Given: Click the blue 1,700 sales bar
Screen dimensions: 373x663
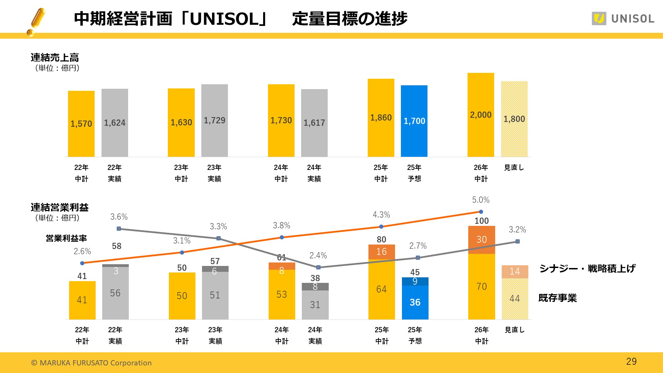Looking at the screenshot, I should click(x=414, y=121).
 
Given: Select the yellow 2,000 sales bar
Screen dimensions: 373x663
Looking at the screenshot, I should click(x=481, y=115).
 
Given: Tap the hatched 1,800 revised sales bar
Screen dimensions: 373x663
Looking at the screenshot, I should click(x=514, y=119).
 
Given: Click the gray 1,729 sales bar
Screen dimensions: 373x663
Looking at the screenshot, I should click(x=214, y=120).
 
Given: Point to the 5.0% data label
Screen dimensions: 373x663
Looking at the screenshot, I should click(x=481, y=200).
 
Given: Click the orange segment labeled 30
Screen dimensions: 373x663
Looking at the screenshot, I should click(x=481, y=240).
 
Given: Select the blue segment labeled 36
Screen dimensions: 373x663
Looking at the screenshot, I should click(x=415, y=303).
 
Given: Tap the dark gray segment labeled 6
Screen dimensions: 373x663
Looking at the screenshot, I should click(x=215, y=269).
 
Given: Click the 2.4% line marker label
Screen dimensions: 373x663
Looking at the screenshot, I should click(x=318, y=256).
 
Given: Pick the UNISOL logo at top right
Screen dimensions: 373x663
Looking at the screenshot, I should click(x=623, y=19).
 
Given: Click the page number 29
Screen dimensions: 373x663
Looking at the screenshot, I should click(x=631, y=362).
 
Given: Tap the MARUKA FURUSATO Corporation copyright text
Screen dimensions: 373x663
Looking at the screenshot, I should click(x=92, y=363).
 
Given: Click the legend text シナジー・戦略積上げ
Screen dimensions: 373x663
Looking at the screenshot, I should click(x=587, y=268).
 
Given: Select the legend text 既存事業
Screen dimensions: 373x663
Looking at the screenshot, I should click(x=557, y=298).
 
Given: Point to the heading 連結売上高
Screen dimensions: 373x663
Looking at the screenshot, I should click(x=55, y=58).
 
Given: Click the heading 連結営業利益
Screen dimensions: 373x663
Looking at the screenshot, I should click(x=59, y=208).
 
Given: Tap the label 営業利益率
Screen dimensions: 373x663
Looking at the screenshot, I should click(x=66, y=238).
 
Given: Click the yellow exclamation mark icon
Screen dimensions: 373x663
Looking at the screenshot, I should click(x=36, y=21).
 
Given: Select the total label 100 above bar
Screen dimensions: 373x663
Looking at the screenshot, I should click(x=481, y=221).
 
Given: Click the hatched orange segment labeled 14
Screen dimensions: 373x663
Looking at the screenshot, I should click(x=515, y=271).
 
